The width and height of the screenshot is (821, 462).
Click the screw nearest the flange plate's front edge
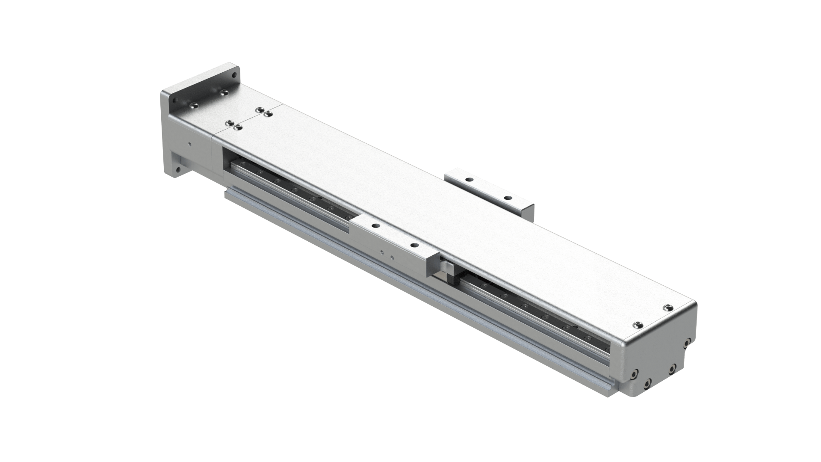[195, 105]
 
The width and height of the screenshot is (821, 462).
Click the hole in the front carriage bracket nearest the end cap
[414, 246]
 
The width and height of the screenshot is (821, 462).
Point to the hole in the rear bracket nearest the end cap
[507, 198]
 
